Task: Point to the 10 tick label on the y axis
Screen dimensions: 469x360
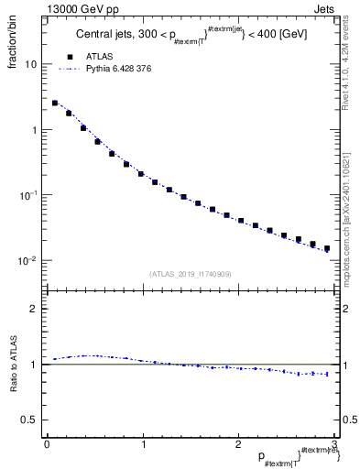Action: (x=30, y=65)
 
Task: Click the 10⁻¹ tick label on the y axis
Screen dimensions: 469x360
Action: (x=27, y=195)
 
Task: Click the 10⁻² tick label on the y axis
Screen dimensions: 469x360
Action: (x=27, y=261)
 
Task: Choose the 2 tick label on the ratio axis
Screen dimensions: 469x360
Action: (x=34, y=309)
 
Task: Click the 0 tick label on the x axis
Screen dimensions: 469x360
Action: (x=47, y=443)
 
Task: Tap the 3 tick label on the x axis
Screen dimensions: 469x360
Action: (x=333, y=443)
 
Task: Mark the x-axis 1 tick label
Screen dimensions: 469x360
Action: (x=142, y=443)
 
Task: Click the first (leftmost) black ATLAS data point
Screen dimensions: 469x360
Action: (x=55, y=104)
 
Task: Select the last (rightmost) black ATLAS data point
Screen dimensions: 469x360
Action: (x=326, y=248)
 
